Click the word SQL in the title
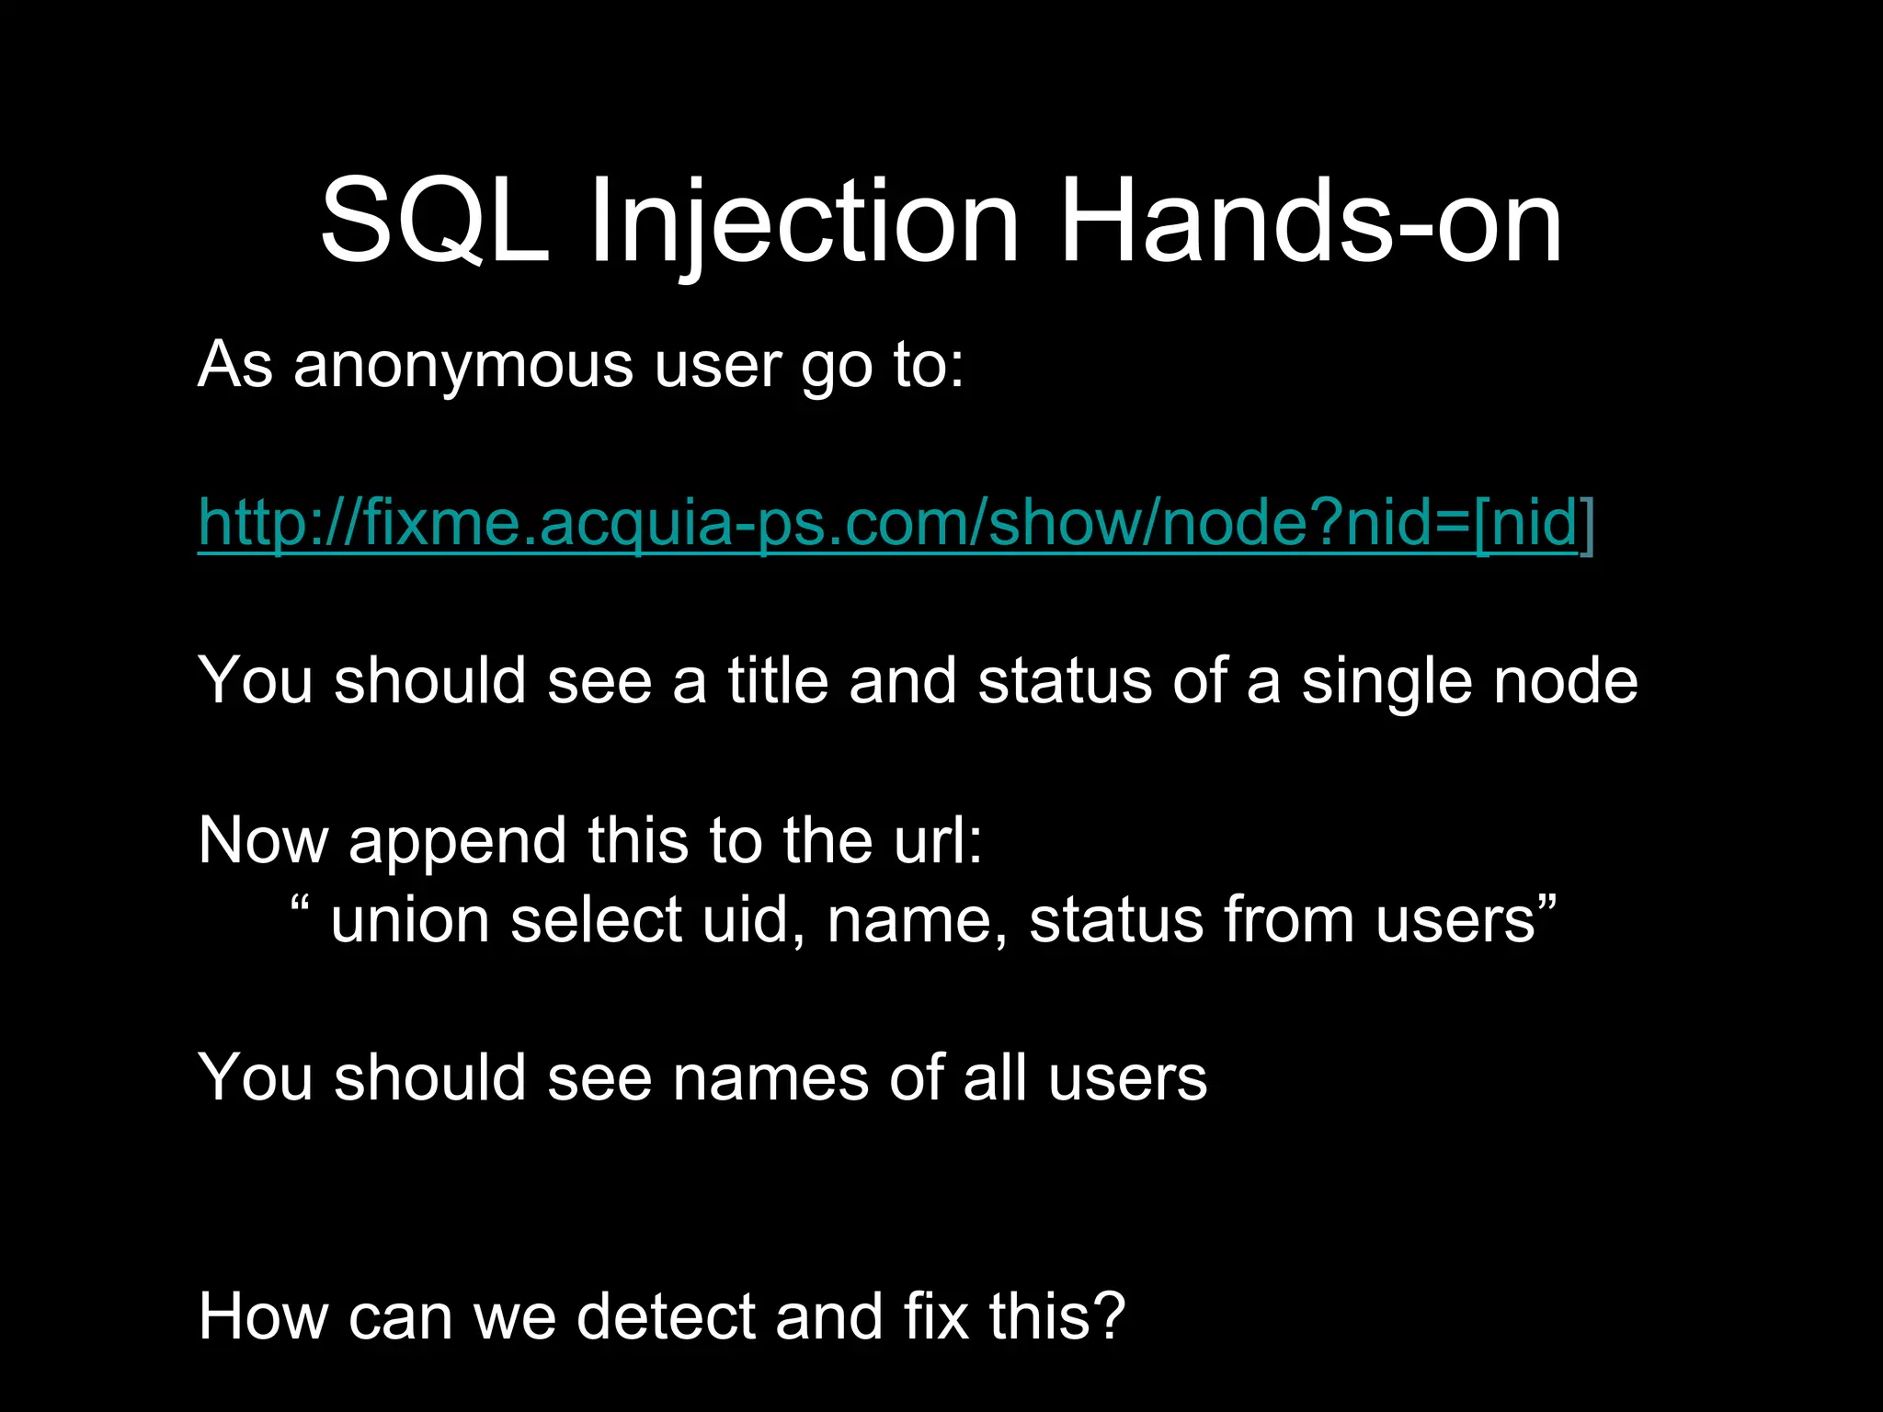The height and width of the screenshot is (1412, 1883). pos(434,222)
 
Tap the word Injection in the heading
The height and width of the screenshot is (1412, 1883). pos(805,222)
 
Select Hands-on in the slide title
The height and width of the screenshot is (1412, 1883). pos(1310,222)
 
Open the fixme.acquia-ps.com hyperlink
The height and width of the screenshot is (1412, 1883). pos(896,523)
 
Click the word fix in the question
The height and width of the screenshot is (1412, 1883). pos(936,1316)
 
